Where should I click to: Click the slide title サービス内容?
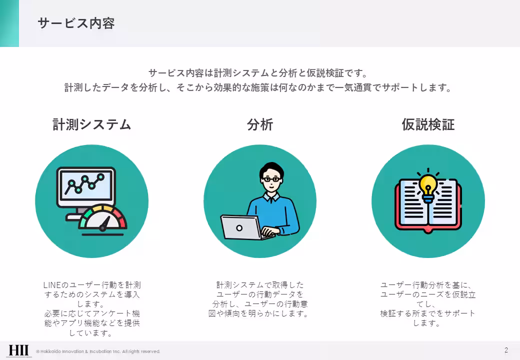coord(76,23)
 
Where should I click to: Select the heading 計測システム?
coord(92,124)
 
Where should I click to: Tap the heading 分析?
coord(260,124)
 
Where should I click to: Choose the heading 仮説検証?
coord(428,124)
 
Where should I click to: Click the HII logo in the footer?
coord(18,350)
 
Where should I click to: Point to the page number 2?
coord(506,350)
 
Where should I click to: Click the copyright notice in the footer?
coord(98,351)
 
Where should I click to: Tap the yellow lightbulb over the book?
coord(427,186)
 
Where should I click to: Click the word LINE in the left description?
coord(51,285)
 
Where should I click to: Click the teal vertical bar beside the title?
coord(9,23)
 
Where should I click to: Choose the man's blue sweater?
coord(280,212)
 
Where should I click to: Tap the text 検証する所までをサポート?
coord(428,313)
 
